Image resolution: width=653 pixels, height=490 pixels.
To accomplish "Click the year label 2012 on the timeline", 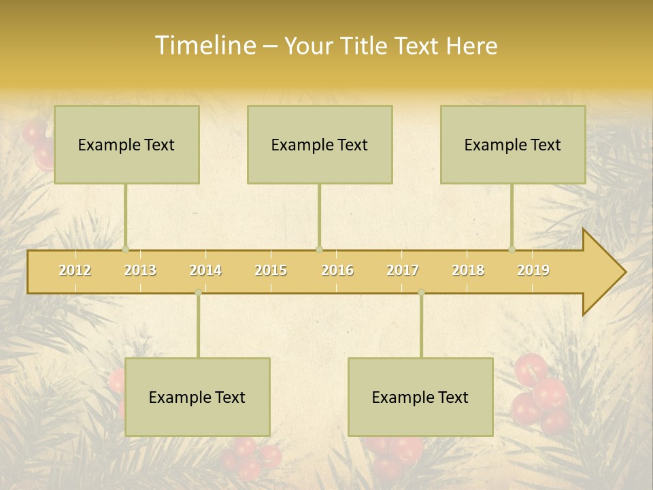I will (x=75, y=270).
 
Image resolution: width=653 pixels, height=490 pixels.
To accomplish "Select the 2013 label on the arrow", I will (x=140, y=270).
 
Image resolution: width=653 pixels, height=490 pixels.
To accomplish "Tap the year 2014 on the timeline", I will (x=205, y=270).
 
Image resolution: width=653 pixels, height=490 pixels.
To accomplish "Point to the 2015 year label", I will (x=271, y=270).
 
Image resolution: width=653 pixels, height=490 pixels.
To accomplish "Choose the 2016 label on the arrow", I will (x=337, y=270).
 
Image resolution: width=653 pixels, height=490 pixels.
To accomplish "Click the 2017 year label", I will (x=403, y=270).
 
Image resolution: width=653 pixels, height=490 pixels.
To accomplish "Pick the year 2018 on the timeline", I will (x=468, y=270).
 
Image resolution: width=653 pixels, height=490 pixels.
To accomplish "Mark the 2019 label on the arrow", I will (x=533, y=270).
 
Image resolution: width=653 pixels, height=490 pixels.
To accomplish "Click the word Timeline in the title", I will (x=205, y=46).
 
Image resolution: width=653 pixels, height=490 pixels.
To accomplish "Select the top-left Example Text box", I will (x=127, y=144).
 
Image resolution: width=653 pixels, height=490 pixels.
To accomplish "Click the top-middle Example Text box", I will (x=320, y=144).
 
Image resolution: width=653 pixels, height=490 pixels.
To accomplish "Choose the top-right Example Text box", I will (x=513, y=144).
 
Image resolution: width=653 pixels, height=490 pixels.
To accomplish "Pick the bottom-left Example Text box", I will (x=197, y=397).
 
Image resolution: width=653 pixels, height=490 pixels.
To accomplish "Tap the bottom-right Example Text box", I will (x=420, y=397).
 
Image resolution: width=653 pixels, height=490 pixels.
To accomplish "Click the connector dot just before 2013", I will (x=125, y=249).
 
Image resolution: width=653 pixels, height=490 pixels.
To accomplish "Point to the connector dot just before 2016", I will (x=319, y=249).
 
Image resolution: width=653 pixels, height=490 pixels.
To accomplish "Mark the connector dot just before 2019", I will (x=512, y=249).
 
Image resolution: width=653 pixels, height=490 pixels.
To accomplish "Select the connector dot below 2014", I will (x=198, y=293).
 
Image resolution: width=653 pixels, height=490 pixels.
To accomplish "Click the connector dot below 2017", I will (x=421, y=293).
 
